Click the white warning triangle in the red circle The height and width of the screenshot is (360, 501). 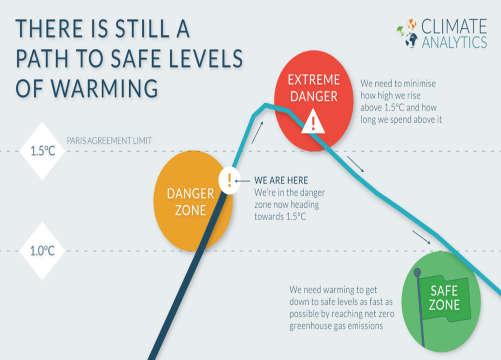click(x=313, y=121)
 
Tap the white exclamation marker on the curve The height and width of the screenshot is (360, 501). click(x=228, y=180)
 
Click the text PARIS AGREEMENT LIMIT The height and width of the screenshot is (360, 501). click(x=109, y=140)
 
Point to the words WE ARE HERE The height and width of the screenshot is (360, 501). click(x=281, y=180)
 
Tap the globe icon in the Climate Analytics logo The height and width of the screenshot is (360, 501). click(x=410, y=33)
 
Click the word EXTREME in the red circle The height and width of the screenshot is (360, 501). click(x=314, y=79)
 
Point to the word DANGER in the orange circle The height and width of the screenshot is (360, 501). click(x=190, y=194)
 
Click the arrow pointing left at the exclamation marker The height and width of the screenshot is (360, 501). click(x=243, y=180)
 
